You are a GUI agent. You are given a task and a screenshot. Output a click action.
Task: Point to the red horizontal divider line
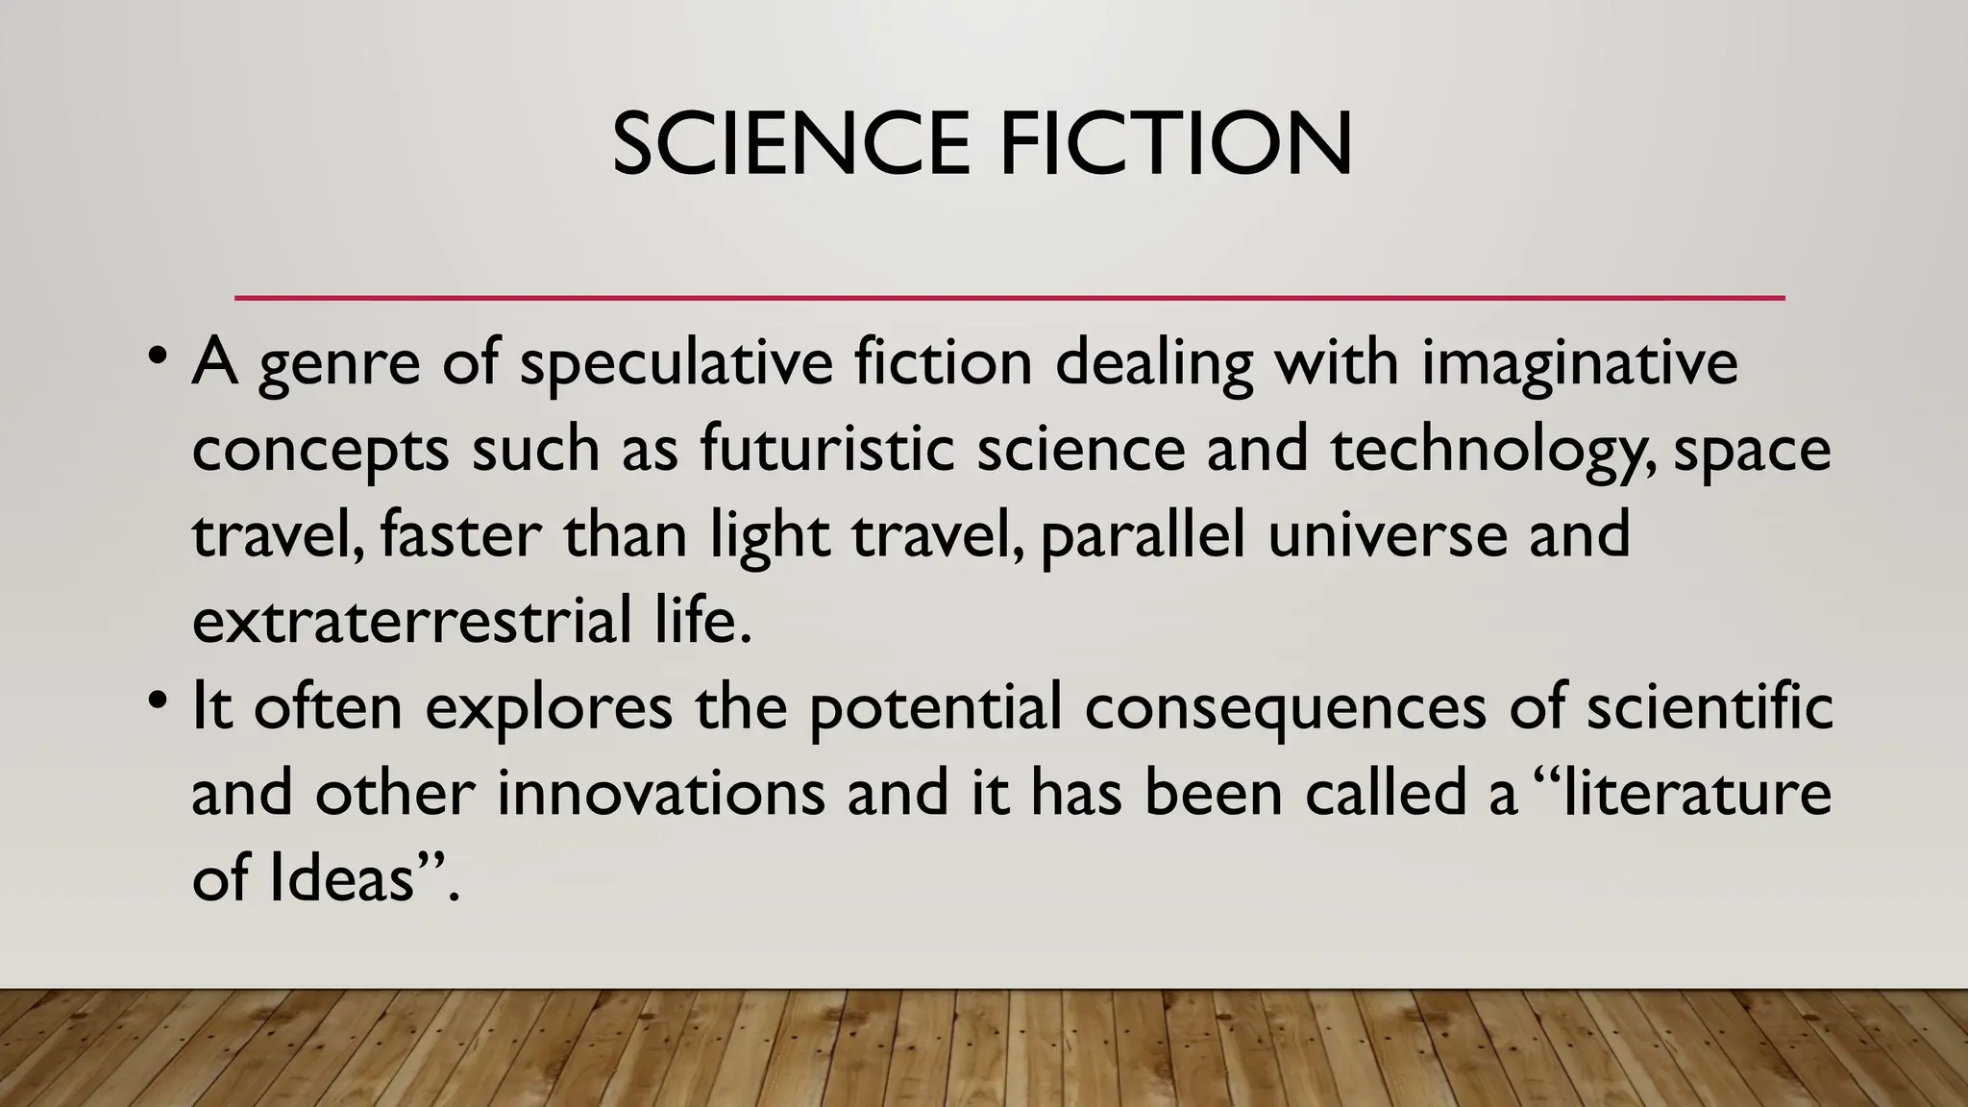pos(1009,298)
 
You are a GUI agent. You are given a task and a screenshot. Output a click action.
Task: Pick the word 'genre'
pos(338,365)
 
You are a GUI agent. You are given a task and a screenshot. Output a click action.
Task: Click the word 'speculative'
pos(676,365)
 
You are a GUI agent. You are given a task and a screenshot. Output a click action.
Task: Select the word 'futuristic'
pos(826,450)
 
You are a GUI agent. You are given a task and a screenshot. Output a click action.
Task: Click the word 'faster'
pos(460,535)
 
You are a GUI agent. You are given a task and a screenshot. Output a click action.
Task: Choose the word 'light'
pos(770,537)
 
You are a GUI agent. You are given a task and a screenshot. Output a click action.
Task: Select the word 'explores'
pos(549,709)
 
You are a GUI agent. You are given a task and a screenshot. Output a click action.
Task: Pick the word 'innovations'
pos(661,794)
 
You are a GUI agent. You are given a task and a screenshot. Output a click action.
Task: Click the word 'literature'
pos(1697,794)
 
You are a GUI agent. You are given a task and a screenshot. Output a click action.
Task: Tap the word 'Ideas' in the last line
pos(342,878)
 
